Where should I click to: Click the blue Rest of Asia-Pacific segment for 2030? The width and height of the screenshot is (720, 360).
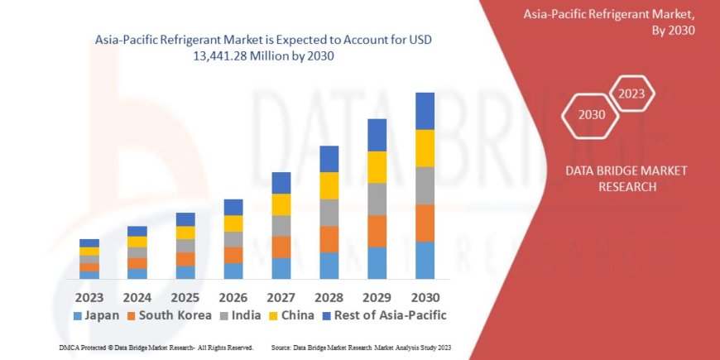[x=425, y=111]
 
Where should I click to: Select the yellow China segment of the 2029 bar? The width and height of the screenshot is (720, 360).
[x=377, y=166]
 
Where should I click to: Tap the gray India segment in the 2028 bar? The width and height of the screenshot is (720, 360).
[x=329, y=212]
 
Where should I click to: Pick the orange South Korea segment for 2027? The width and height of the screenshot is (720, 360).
[x=281, y=247]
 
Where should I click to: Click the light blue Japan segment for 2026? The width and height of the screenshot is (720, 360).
[x=233, y=271]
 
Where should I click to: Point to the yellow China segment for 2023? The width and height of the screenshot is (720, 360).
[x=89, y=251]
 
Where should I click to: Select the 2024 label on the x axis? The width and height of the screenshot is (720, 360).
[x=137, y=296]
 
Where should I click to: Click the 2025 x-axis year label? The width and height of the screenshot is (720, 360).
[x=185, y=296]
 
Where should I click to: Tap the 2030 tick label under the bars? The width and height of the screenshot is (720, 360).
[x=425, y=296]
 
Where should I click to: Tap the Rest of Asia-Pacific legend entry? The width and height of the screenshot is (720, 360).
[x=384, y=315]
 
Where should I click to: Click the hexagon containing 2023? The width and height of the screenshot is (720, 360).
[x=631, y=93]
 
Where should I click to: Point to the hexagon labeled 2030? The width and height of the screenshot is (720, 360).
[x=591, y=115]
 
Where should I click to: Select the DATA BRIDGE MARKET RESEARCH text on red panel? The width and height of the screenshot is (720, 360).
[x=614, y=179]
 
